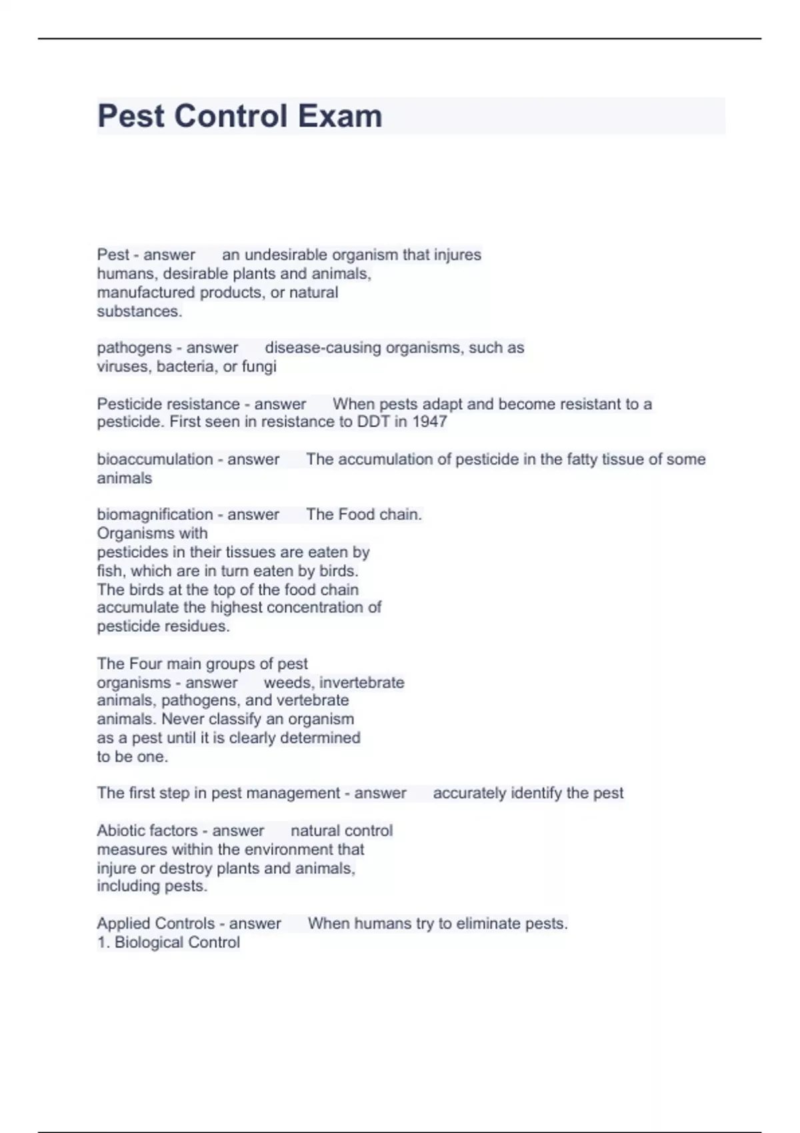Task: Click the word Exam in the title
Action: (340, 116)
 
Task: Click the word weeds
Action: (287, 682)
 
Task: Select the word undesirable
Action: (285, 255)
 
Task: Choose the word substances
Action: (139, 311)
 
